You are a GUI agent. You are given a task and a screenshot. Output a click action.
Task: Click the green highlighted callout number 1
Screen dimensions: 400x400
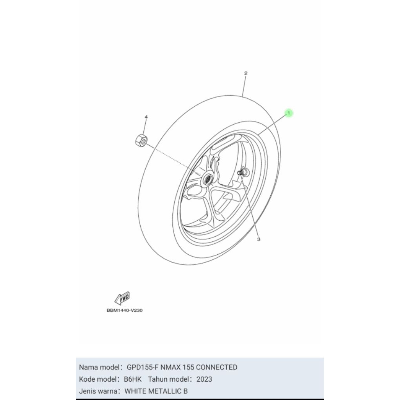coord(288,113)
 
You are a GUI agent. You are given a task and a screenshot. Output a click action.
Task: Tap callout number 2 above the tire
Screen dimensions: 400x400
coord(246,73)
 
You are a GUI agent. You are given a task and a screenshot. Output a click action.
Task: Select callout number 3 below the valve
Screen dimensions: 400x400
coord(258,239)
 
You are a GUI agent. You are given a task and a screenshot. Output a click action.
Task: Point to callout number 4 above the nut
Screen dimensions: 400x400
coord(146,117)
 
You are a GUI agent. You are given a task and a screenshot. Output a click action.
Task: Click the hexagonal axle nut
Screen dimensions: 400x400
coord(140,140)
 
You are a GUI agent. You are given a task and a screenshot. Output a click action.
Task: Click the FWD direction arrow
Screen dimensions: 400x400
coord(122,298)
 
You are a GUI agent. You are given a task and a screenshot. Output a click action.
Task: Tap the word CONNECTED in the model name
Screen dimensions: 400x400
coord(216,367)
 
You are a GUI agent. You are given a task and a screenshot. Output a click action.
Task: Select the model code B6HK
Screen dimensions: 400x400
coord(133,379)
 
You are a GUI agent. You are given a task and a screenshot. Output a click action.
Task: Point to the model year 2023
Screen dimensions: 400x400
coord(204,379)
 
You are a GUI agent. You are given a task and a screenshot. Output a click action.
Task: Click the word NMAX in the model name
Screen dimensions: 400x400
coord(169,367)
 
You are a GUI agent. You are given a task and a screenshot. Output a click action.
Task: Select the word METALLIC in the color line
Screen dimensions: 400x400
coord(167,391)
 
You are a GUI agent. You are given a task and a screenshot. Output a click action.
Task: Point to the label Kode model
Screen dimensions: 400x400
coord(98,379)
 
